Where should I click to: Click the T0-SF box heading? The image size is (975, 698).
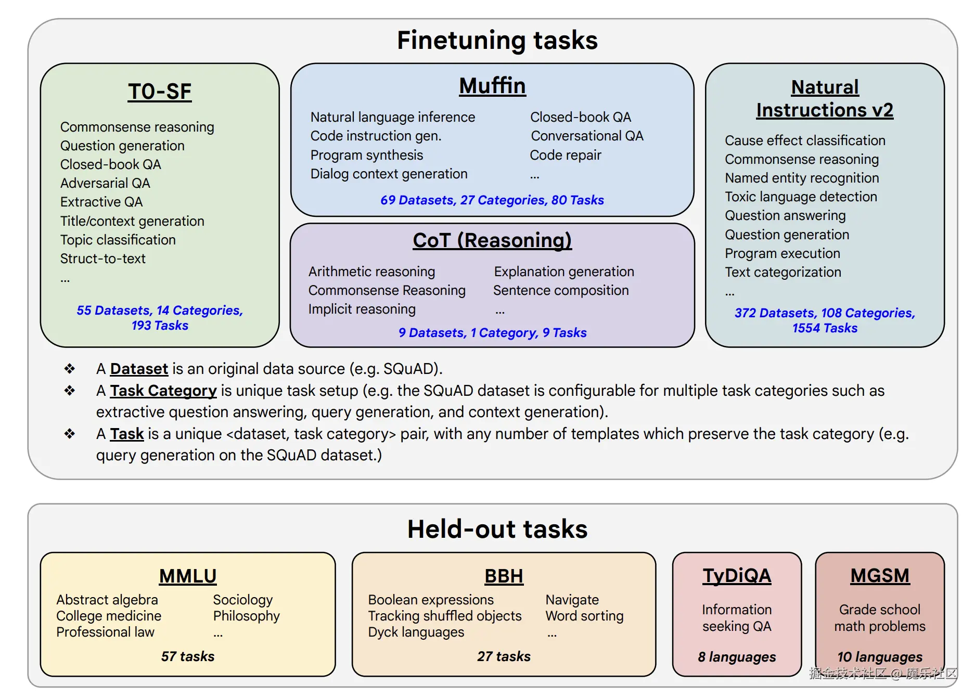tap(160, 92)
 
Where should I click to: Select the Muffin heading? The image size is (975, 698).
tap(492, 86)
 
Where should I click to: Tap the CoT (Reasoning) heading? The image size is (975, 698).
tap(492, 240)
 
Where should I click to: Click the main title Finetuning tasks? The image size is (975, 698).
tap(497, 40)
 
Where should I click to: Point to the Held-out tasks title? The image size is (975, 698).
tap(497, 529)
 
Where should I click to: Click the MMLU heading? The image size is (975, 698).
tap(188, 576)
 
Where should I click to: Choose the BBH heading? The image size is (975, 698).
tap(504, 576)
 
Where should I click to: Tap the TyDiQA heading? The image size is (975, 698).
tap(737, 576)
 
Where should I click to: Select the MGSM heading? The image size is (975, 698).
tap(880, 576)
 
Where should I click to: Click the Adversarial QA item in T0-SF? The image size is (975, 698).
tap(105, 183)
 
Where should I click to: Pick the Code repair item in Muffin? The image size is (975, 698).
tap(566, 155)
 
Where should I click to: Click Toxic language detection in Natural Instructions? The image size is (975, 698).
tap(801, 197)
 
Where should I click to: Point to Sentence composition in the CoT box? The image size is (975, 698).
tap(561, 290)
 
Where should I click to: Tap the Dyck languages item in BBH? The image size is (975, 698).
tap(416, 632)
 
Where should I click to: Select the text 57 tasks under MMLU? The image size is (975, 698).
tap(188, 656)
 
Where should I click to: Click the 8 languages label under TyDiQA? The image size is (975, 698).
tap(737, 657)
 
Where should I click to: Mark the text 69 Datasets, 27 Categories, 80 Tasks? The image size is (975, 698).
tap(492, 200)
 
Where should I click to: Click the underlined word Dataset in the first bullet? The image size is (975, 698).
tap(139, 369)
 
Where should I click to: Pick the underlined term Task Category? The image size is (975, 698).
tap(163, 391)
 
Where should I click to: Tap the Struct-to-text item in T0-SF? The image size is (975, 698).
tap(103, 258)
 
